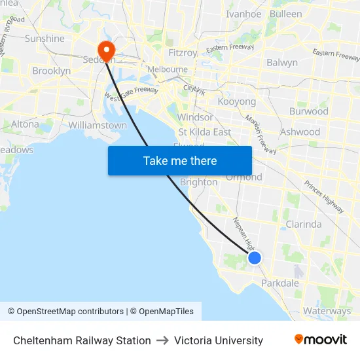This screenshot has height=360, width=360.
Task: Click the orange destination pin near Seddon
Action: pos(105,50)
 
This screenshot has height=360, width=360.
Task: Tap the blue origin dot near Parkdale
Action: pos(255,258)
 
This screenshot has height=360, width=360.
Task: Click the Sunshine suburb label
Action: pos(45,39)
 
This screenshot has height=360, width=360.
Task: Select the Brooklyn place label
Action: pos(51,71)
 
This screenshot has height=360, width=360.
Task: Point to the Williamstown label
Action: pos(98,125)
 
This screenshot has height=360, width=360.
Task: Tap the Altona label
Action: pos(25,124)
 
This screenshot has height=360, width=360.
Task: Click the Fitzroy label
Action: pos(183,53)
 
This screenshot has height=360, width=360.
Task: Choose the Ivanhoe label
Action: pos(243,14)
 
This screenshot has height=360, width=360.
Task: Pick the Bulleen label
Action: pos(286,14)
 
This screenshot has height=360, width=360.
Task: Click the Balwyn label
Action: pos(282,63)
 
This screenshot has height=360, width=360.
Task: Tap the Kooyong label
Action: pos(236,102)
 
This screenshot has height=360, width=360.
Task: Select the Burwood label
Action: pos(308,111)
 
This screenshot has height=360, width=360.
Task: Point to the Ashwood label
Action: pos(300,132)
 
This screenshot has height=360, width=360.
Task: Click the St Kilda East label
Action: pos(204,132)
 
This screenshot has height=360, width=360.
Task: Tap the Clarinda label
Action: pos(304,224)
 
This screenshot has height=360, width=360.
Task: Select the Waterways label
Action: pos(327,312)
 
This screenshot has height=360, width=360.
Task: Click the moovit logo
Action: pos(321,340)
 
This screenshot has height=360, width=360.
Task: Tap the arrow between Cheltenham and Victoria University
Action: pos(162,340)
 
